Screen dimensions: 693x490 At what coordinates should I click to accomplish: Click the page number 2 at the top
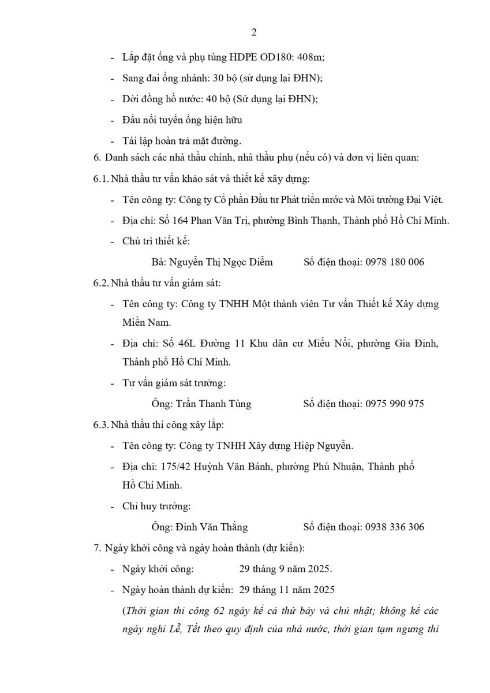coord(254,32)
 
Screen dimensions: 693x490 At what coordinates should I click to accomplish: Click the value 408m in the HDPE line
coord(310,57)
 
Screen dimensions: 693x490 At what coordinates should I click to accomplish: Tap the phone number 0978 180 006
coord(395,262)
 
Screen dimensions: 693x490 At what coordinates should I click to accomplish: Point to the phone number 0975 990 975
coord(395,404)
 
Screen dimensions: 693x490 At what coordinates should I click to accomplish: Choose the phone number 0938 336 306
coord(395,527)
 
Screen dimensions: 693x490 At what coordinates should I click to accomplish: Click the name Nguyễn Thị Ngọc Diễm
coord(220,262)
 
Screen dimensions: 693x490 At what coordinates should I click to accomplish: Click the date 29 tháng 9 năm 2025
coord(285,569)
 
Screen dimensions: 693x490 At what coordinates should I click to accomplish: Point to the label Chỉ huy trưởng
coord(156,506)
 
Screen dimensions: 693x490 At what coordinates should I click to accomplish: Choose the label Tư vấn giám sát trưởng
coord(174,383)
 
